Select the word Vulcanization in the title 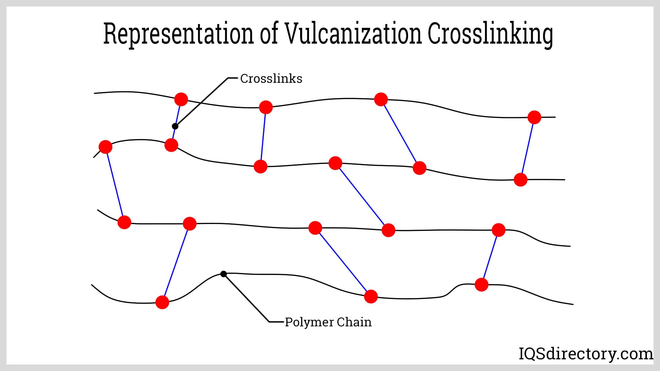[353, 34]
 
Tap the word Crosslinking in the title [491, 34]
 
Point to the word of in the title [269, 34]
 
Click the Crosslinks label [271, 79]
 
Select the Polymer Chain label [328, 322]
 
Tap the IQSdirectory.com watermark [586, 354]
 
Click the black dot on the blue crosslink [175, 126]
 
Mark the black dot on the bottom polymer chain [223, 274]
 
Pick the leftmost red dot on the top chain [181, 99]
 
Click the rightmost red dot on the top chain [534, 117]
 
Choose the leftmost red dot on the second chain [106, 147]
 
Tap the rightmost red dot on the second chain [520, 179]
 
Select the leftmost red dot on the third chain [124, 222]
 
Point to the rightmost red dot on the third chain [498, 230]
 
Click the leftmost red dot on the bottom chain [162, 302]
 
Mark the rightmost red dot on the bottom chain [481, 285]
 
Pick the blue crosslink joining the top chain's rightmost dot [527, 148]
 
